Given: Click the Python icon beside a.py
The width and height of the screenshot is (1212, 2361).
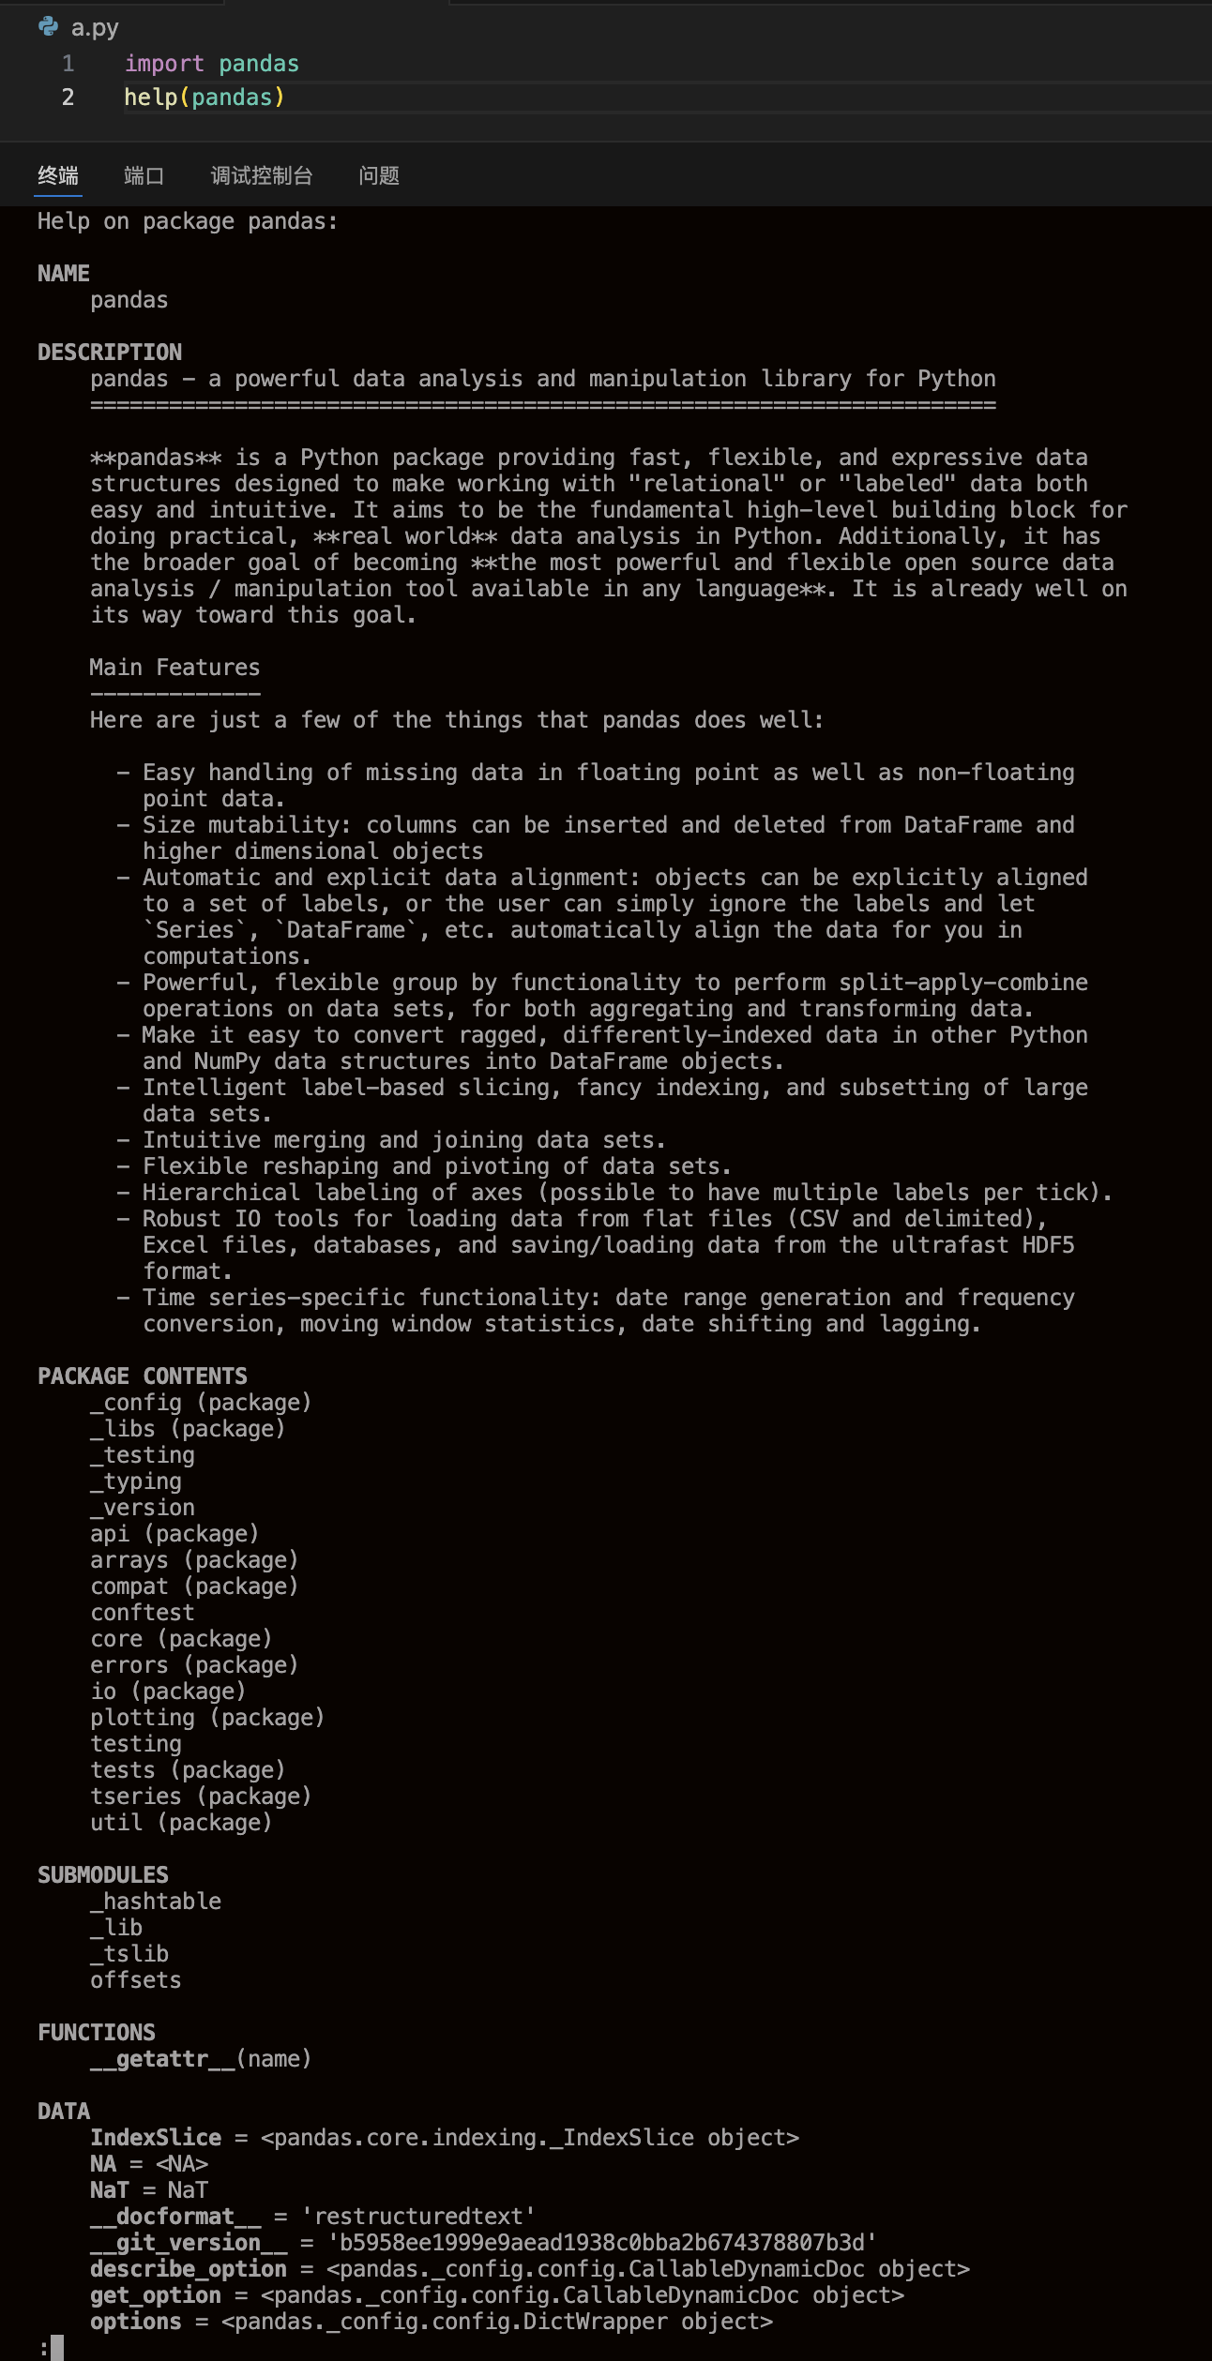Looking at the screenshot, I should (x=49, y=27).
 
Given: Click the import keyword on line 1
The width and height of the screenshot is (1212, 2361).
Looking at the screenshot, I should (x=164, y=64).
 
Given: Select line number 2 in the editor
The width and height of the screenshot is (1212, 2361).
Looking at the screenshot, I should (x=68, y=98).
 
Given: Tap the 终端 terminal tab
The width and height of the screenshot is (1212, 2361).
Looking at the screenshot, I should (x=58, y=175).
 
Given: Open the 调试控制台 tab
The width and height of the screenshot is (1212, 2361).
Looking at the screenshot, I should (x=262, y=175).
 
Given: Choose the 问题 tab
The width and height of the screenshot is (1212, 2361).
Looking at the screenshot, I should (x=379, y=175).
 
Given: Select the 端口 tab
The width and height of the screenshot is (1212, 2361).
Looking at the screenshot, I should (x=144, y=175).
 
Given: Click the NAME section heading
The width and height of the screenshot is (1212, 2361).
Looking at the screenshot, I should (x=64, y=274).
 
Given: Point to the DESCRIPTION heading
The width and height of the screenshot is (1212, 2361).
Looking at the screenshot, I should (x=110, y=353).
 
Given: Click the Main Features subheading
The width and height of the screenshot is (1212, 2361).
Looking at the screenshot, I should (x=174, y=668).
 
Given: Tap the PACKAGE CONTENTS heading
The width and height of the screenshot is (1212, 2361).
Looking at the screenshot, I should (x=143, y=1376).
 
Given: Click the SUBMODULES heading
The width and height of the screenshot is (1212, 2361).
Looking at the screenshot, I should (x=103, y=1875).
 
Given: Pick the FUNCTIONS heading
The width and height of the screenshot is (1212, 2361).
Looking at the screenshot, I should (x=97, y=2033).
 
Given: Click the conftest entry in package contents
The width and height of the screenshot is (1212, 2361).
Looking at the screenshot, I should (x=143, y=1613).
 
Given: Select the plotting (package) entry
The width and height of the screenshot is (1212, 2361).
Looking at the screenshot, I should (x=207, y=1718).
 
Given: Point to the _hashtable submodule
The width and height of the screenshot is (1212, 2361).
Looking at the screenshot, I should (x=156, y=1902).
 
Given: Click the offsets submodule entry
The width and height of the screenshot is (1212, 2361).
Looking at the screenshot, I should (x=136, y=1980).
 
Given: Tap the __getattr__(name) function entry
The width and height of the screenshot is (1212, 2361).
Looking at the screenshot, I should (x=201, y=2059).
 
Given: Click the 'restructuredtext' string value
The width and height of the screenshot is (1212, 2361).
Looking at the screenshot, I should (x=418, y=2217).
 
